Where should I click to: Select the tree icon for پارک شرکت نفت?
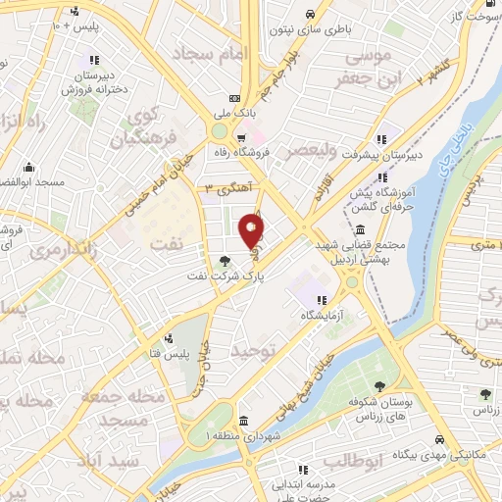(226, 261)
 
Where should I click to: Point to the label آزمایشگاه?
(321, 317)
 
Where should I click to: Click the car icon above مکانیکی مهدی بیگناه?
(439, 438)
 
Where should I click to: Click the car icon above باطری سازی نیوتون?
(309, 14)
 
